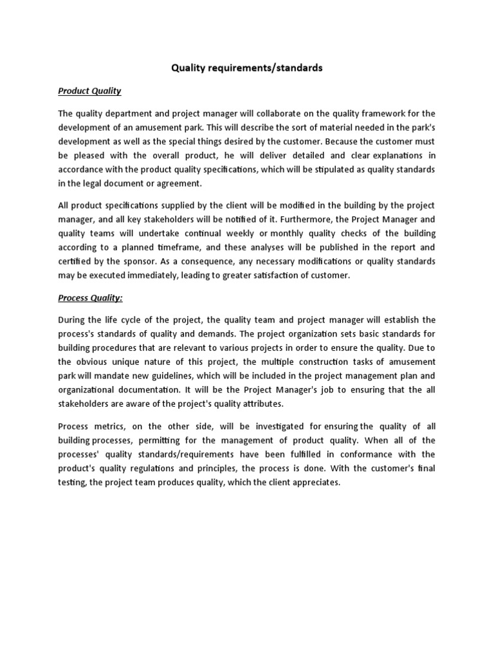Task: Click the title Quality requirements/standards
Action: click(246, 67)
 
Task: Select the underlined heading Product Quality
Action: click(89, 91)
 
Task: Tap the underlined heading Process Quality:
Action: click(91, 297)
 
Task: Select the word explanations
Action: click(381, 155)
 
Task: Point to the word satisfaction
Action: click(304, 275)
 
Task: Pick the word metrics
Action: click(111, 426)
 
